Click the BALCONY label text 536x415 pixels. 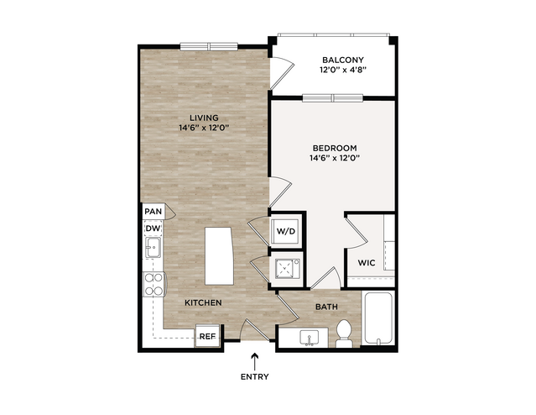(343, 60)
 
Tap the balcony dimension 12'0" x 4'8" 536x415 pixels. (343, 70)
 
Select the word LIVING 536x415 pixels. (204, 118)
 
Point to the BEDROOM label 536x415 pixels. (335, 148)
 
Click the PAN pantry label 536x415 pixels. (154, 211)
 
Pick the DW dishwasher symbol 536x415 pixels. (153, 229)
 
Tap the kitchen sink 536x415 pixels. (154, 247)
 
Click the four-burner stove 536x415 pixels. (154, 284)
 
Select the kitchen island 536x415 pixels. (219, 255)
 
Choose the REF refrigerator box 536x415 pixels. (207, 336)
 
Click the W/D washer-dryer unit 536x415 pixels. (286, 231)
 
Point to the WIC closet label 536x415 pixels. (367, 263)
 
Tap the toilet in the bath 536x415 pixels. (344, 334)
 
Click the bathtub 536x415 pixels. (378, 318)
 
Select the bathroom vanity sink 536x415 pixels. (309, 338)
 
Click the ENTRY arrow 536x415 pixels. (255, 361)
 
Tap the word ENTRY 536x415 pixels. (255, 377)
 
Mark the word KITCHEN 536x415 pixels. (203, 302)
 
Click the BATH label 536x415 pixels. (326, 307)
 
